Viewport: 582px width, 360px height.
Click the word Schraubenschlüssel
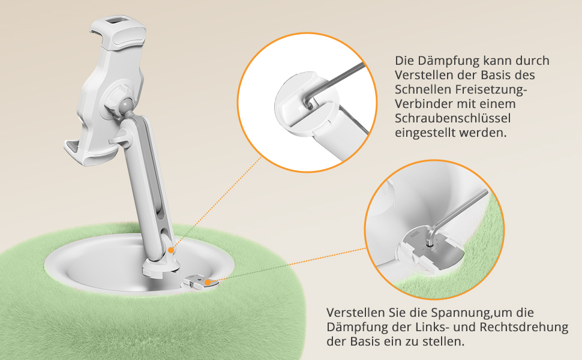coord(452,118)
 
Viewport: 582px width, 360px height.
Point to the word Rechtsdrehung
coord(524,327)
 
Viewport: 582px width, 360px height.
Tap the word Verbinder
coord(423,104)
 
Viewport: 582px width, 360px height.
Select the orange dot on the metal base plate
coord(208,283)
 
